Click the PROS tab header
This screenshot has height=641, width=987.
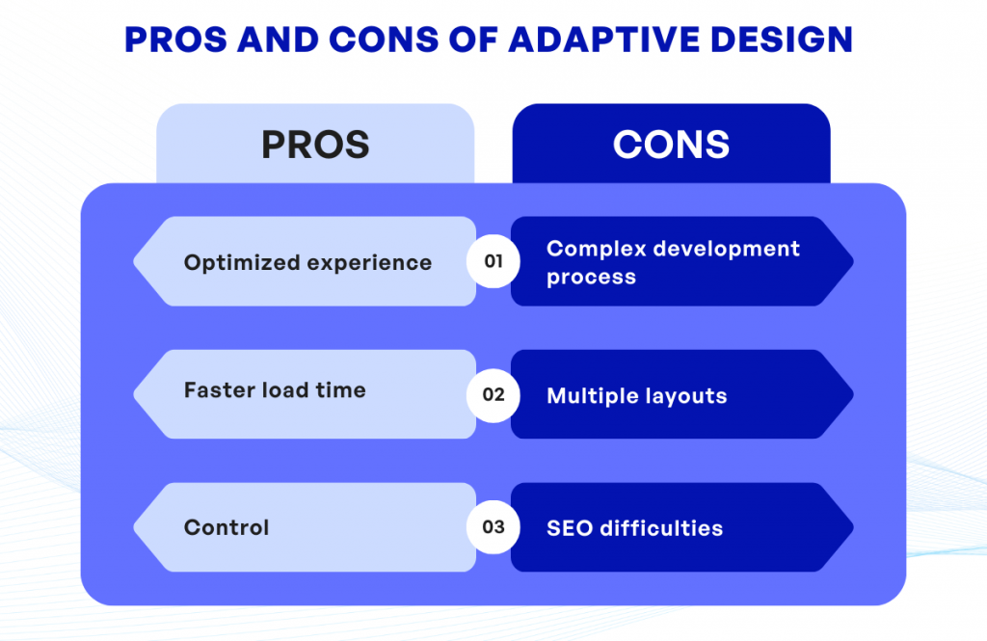click(x=315, y=145)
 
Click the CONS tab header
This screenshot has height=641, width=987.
click(x=671, y=145)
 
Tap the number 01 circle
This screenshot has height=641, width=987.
click(x=493, y=261)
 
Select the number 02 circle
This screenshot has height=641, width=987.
click(x=493, y=394)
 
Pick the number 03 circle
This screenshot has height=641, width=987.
click(x=493, y=527)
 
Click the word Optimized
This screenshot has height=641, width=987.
click(x=241, y=263)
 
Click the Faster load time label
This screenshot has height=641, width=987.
click(x=275, y=390)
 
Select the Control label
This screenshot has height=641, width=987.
click(x=227, y=528)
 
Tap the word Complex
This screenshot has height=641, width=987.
click(x=595, y=249)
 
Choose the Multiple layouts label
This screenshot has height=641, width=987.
click(x=636, y=396)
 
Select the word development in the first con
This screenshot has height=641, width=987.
click(x=726, y=249)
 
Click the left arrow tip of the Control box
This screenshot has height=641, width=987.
click(x=137, y=527)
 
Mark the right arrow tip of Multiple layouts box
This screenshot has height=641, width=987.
click(x=850, y=394)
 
